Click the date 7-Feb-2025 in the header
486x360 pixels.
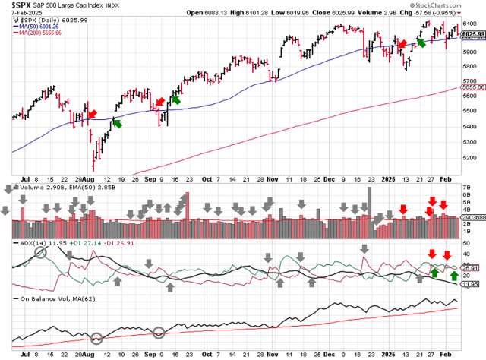(17, 13)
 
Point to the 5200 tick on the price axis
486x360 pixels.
(469, 158)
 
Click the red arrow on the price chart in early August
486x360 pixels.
(92, 114)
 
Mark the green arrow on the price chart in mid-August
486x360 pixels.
(117, 122)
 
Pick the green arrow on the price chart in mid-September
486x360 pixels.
(176, 99)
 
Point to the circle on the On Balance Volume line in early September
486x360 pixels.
(159, 332)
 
